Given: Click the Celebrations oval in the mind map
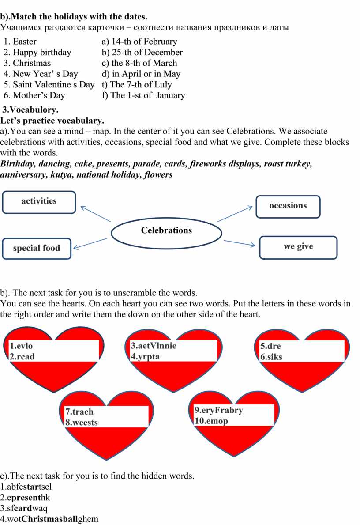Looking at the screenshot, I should pos(166,230).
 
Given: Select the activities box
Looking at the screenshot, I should pos(39,201).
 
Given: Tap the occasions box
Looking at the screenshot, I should pos(288,206).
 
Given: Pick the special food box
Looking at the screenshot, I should pos(37,248).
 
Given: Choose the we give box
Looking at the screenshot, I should pos(298,246).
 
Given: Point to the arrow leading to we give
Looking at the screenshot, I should pos(240,243).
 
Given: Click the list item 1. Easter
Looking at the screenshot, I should pos(25,42).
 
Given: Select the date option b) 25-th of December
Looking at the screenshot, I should pos(142,53).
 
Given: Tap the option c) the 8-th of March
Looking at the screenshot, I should pos(139,63).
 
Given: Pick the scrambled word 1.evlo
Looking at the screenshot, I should pos(21,346).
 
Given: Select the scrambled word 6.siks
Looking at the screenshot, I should pos(271,357).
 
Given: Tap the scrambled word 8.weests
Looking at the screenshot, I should pos(82,422).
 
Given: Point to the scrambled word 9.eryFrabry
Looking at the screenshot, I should pos(218,410).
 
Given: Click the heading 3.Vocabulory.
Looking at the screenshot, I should pos(31,110).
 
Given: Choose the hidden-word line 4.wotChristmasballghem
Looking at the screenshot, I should pos(49,519).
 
